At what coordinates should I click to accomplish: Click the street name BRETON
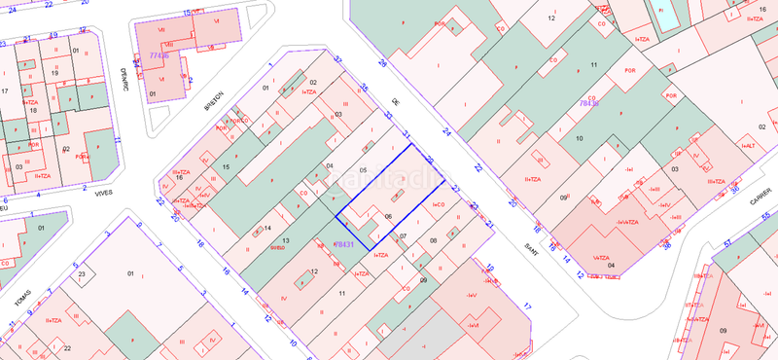tap(215, 102)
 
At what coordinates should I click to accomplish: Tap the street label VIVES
tap(102, 192)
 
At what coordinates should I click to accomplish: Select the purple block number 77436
tap(159, 57)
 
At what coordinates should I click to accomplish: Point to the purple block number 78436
tap(589, 101)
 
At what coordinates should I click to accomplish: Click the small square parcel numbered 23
tap(84, 275)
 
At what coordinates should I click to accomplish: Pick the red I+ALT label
tap(748, 147)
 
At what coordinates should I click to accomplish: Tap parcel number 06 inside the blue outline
tap(388, 216)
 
